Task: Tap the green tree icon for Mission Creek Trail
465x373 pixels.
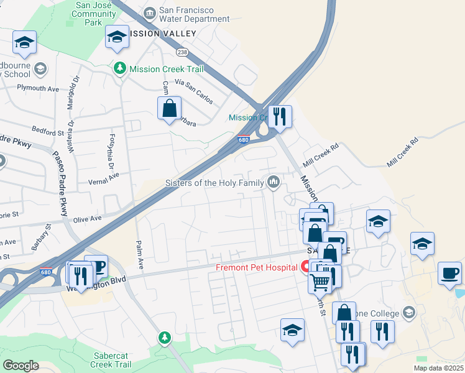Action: coord(121,69)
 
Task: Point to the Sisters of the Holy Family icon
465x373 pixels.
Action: coord(273,182)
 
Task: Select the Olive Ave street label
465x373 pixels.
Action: coord(87,219)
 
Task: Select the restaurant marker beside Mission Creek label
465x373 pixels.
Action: coord(280,116)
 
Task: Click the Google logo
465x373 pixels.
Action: coord(21,366)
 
